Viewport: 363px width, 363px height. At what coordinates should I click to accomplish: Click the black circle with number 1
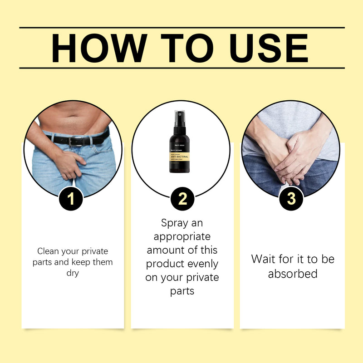coord(71,199)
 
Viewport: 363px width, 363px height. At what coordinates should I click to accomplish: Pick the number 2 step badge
coord(182,199)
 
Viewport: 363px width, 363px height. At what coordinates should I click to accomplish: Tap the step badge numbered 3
coord(291,199)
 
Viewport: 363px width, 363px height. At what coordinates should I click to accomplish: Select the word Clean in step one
coord(47,251)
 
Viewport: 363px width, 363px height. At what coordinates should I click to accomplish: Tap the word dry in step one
coord(73,273)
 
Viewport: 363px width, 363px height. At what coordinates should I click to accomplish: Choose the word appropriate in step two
coord(182,237)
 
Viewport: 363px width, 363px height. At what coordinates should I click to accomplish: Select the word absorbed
coord(292,274)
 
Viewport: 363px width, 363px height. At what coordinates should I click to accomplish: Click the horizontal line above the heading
coord(181,27)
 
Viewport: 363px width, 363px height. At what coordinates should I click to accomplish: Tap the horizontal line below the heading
coord(181,68)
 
